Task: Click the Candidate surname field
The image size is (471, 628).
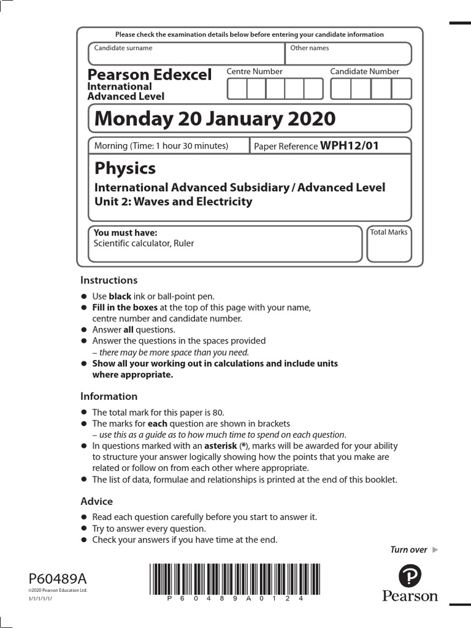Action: click(186, 53)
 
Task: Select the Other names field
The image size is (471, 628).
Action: click(348, 53)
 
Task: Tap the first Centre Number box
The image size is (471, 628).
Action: click(237, 89)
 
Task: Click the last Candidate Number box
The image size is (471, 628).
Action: click(401, 89)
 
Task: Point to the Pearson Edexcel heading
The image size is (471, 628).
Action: click(150, 75)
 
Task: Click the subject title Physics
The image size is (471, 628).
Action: click(125, 168)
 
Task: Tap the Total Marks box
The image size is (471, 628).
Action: click(389, 243)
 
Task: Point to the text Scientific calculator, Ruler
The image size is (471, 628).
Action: click(143, 243)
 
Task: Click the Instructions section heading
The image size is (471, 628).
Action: click(109, 280)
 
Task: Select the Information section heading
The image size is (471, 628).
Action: click(109, 396)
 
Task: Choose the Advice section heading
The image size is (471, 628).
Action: click(97, 501)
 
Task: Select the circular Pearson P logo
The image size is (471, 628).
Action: click(410, 577)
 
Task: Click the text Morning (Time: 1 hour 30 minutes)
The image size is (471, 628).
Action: click(161, 146)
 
